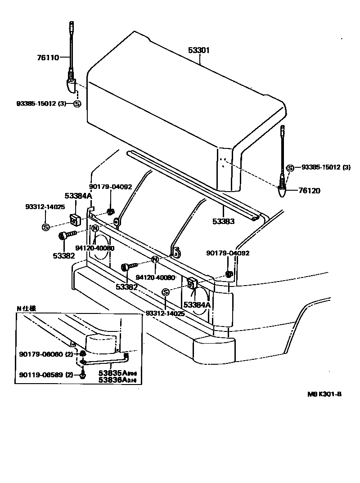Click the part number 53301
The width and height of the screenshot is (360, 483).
pyautogui.click(x=198, y=50)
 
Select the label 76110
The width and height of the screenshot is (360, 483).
pyautogui.click(x=48, y=57)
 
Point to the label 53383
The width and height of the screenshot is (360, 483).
pyautogui.click(x=224, y=221)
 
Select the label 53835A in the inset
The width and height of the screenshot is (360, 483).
pyautogui.click(x=112, y=373)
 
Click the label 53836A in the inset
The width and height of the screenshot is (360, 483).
pyautogui.click(x=112, y=380)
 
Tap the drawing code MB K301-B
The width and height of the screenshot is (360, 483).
pyautogui.click(x=324, y=394)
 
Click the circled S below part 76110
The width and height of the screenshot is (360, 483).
pyautogui.click(x=77, y=103)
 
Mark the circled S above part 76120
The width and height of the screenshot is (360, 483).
pyautogui.click(x=290, y=168)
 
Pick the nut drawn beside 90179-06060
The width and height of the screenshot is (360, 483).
pyautogui.click(x=83, y=354)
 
